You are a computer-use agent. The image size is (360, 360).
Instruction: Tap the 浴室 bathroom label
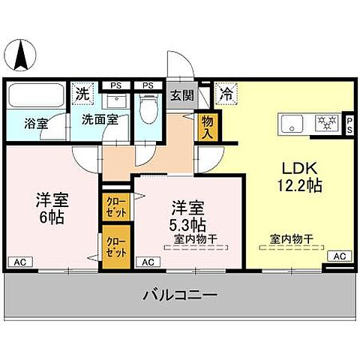pyautogui.click(x=34, y=123)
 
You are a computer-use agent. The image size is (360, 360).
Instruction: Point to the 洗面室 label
pyautogui.click(x=97, y=118)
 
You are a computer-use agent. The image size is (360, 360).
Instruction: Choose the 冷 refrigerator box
pyautogui.click(x=224, y=94)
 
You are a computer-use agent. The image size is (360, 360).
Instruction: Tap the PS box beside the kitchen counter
pyautogui.click(x=349, y=123)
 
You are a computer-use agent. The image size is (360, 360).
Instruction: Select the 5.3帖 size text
pyautogui.click(x=189, y=223)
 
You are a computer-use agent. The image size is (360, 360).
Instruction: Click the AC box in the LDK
pyautogui.click(x=340, y=256)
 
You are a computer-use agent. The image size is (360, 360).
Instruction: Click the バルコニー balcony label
pyautogui.click(x=180, y=295)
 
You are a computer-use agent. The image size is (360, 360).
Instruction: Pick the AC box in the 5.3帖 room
pyautogui.click(x=148, y=262)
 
